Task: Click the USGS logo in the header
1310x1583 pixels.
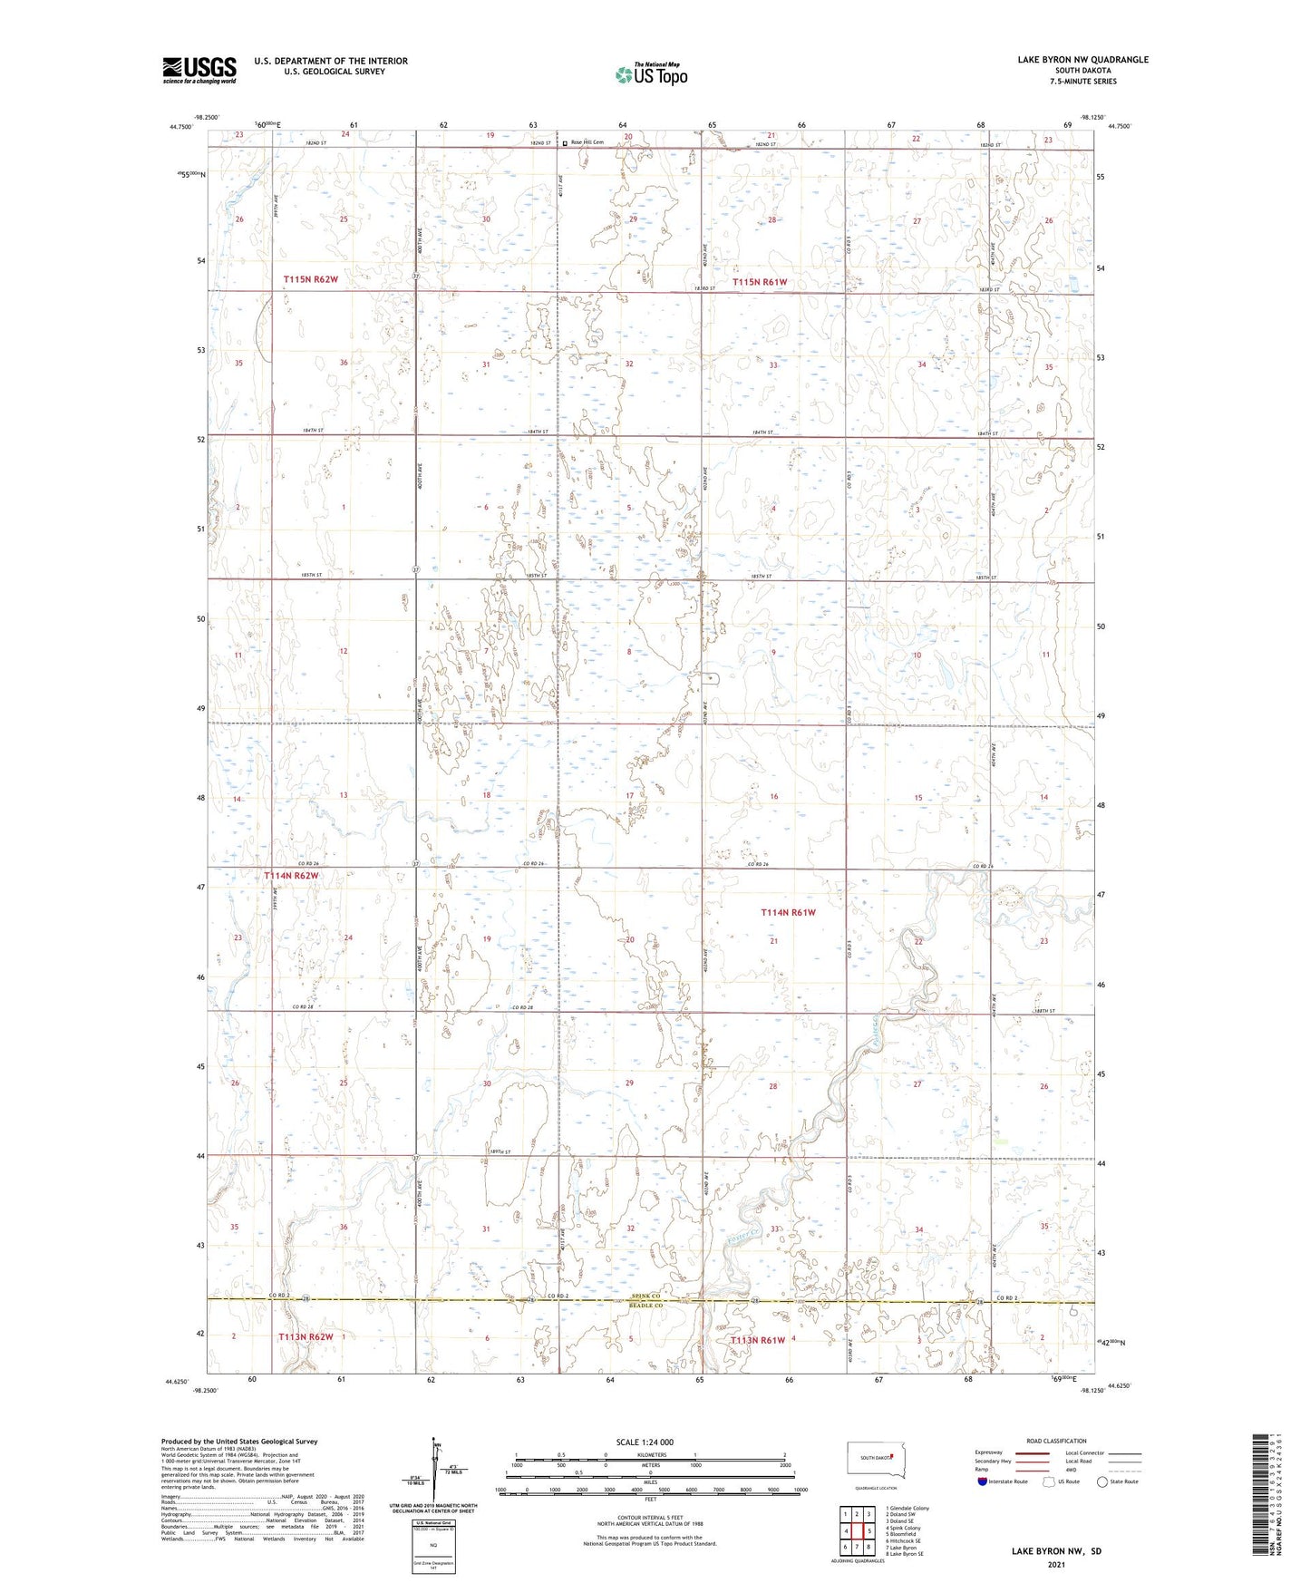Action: [199, 69]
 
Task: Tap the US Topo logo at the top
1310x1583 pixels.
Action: [650, 74]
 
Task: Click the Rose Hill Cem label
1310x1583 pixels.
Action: [587, 142]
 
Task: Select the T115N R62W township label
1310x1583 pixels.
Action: [310, 279]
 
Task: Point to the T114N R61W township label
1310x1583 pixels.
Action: [788, 913]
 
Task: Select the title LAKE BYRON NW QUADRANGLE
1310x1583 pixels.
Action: [1082, 60]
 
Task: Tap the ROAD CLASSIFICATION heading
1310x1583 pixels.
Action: [1056, 1441]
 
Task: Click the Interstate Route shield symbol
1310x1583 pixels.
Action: [984, 1481]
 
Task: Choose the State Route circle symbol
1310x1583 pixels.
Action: [1101, 1481]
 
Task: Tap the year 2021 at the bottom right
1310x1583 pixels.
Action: [1056, 1564]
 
